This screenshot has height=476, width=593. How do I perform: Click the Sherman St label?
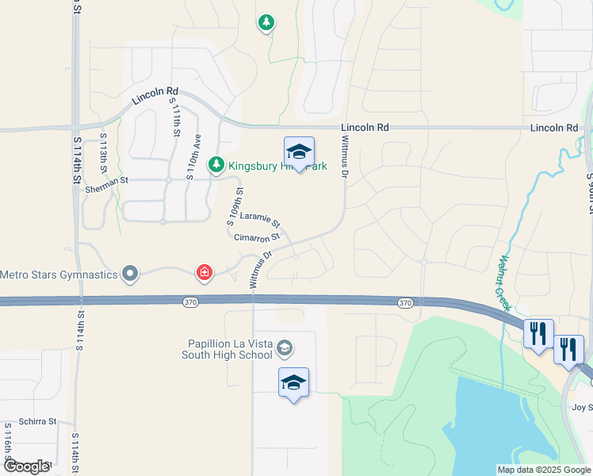tap(109, 181)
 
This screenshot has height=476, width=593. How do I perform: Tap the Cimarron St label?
tap(257, 237)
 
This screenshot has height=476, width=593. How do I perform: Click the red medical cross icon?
tap(205, 274)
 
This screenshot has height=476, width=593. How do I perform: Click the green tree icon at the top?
tap(267, 23)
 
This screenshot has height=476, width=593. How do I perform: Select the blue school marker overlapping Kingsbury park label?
tap(299, 152)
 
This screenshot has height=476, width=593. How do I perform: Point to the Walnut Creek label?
tap(505, 282)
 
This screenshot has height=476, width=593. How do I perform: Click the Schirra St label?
tap(38, 421)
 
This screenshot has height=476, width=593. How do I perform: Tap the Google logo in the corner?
tap(25, 466)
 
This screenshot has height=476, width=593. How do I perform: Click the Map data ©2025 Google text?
tap(544, 470)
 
